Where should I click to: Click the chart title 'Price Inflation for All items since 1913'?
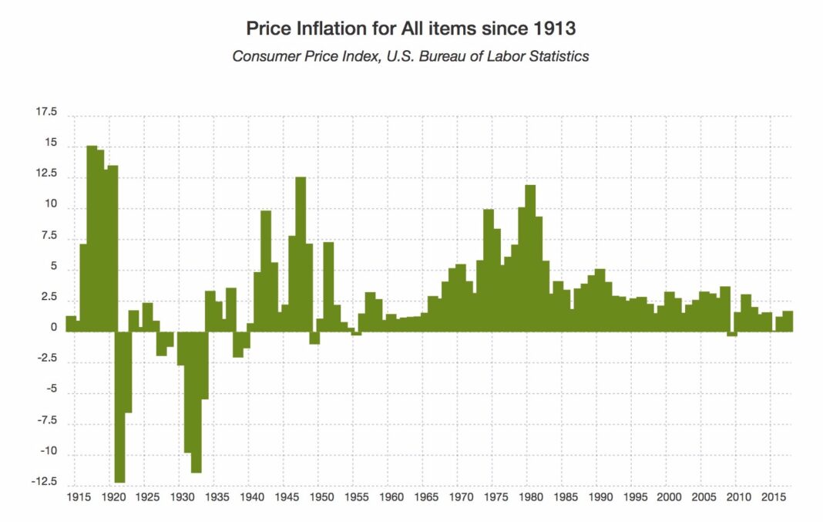coord(411,29)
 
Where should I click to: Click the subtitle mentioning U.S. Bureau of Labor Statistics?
coord(411,56)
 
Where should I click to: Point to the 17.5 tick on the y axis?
coord(46,113)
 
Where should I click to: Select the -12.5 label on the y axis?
coord(45,483)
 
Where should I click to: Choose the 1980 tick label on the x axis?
coord(529,498)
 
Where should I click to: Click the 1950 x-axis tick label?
coord(321,498)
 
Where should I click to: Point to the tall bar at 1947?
coord(301,254)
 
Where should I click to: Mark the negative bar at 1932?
coord(197,402)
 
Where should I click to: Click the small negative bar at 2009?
coord(732,334)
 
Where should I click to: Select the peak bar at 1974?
coord(488,270)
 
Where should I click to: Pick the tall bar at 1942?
coord(266,271)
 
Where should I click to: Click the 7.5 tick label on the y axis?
coord(49,236)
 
